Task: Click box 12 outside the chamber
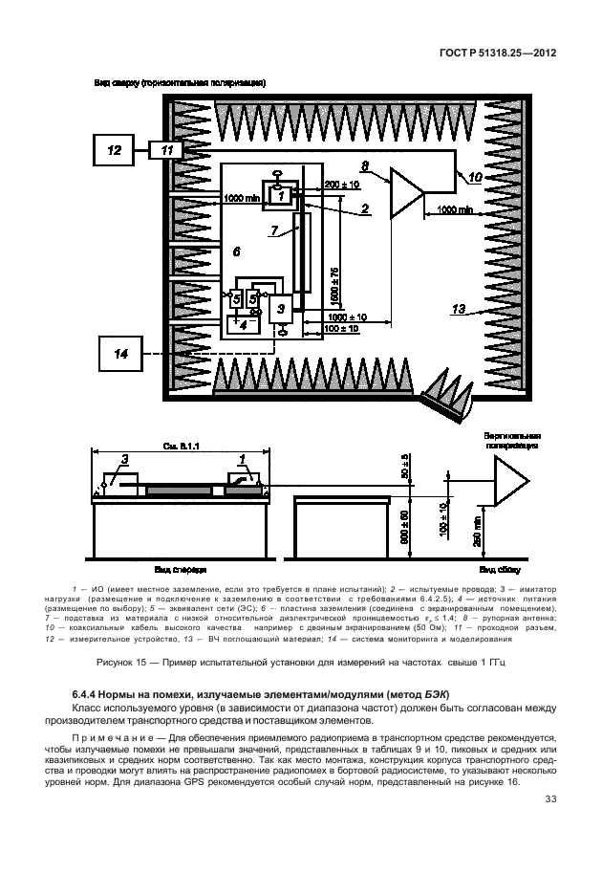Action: tap(114, 150)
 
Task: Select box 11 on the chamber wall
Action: tap(167, 150)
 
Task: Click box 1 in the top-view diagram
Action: tap(281, 195)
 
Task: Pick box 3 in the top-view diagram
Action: tap(280, 308)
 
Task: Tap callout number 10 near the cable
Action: tap(474, 177)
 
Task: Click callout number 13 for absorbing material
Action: tap(458, 309)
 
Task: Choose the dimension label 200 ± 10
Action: tap(341, 183)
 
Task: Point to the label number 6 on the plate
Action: tap(235, 251)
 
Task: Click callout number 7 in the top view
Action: tap(274, 230)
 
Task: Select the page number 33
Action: tap(550, 799)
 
